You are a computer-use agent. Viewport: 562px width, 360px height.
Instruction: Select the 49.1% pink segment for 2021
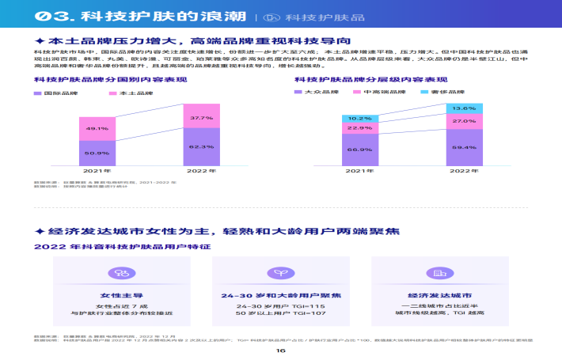(97, 128)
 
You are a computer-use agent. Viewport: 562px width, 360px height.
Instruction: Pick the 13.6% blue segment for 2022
(464, 108)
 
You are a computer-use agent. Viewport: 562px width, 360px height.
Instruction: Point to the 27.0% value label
(464, 121)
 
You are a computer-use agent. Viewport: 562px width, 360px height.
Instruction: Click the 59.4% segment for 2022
(464, 147)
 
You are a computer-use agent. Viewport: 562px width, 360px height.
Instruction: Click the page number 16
(280, 351)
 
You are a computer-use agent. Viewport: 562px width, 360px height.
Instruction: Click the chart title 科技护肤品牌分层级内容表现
(355, 80)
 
